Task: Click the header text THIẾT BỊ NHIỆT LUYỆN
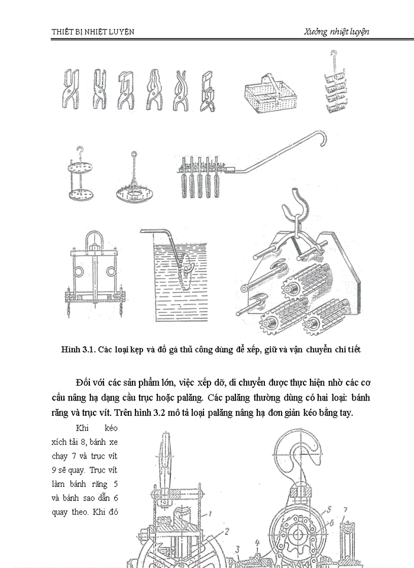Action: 92,32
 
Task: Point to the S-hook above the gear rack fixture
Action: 298,210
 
